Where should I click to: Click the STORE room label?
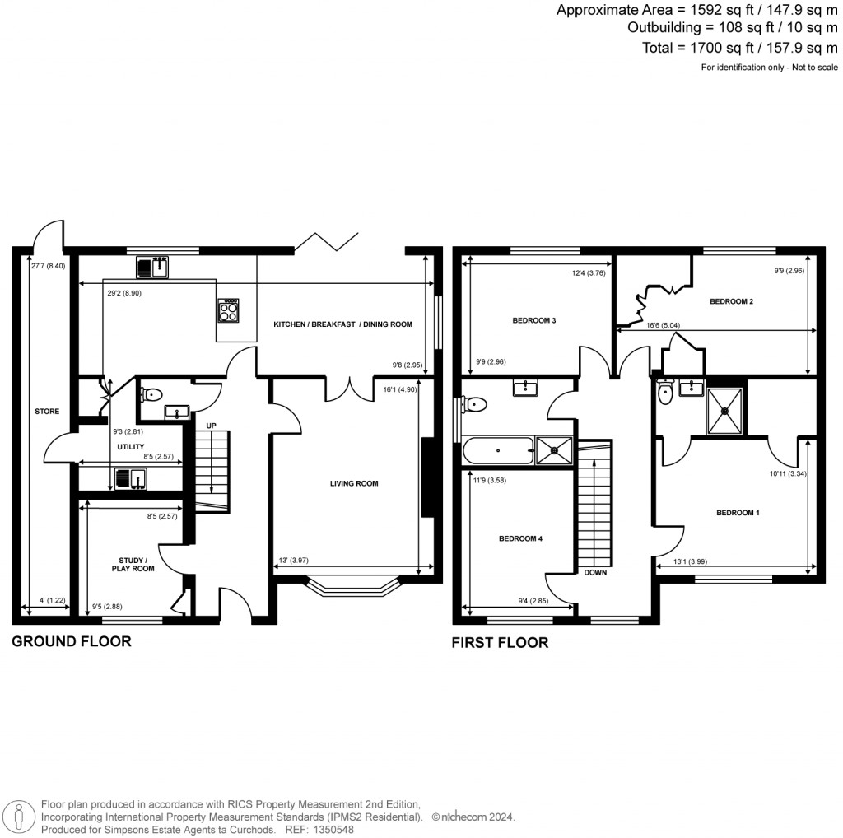click(47, 411)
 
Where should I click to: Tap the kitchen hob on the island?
click(228, 310)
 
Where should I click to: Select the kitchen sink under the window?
click(152, 267)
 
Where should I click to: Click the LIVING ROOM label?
click(354, 483)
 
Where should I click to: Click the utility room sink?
click(131, 477)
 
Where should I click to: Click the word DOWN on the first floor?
click(594, 572)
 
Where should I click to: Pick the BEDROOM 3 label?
click(534, 320)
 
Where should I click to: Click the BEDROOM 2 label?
click(732, 302)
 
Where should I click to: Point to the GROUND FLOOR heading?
click(71, 641)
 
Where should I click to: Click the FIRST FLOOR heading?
click(500, 643)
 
